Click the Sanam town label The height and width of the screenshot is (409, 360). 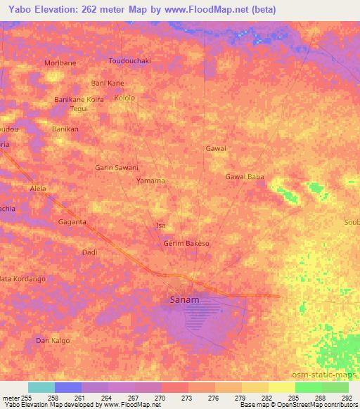185,299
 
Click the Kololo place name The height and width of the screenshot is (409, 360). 124,98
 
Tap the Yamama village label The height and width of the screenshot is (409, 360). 150,181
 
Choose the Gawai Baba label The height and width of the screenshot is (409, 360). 245,177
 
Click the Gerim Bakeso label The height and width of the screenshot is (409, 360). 186,243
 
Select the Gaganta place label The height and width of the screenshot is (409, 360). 72,222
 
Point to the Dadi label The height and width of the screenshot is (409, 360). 89,252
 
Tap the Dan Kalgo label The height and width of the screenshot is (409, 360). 53,340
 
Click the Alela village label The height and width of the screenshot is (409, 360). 38,189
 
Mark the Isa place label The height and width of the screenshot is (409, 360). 160,226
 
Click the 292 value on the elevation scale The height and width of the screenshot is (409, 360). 347,398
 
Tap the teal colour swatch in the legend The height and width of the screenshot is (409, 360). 41,387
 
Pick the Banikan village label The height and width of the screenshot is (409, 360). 65,129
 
